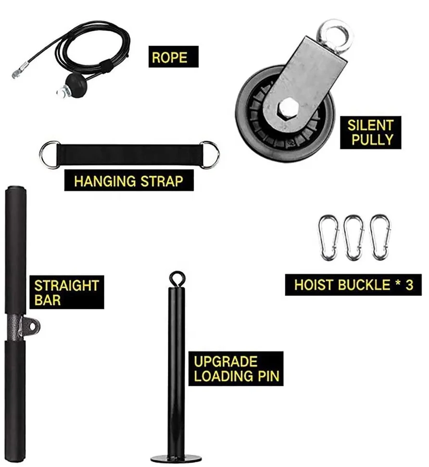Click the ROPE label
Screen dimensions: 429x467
pos(169,57)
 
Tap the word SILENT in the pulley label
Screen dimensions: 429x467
pos(370,126)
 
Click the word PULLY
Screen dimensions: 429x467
pos(372,140)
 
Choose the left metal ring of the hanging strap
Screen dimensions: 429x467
pos(50,154)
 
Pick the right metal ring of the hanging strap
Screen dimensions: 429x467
pos(209,154)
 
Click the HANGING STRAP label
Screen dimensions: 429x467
pos(128,181)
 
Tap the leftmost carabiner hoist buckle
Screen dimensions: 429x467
pos(329,238)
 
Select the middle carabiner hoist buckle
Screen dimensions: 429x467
pos(354,238)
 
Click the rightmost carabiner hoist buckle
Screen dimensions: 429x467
pos(379,238)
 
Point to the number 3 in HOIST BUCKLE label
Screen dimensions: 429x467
pos(409,284)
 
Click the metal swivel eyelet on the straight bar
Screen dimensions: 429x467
pos(31,327)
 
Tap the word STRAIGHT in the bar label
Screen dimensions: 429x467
pos(66,286)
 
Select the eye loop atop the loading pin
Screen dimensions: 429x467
pos(177,278)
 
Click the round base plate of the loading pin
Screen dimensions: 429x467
pos(176,458)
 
